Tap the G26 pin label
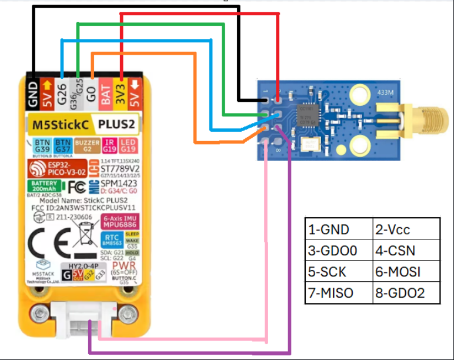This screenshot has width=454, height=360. click(62, 94)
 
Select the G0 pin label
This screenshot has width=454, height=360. click(91, 94)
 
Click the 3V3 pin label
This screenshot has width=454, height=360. click(121, 94)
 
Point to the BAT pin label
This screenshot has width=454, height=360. click(106, 94)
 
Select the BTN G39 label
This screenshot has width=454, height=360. click(41, 145)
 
